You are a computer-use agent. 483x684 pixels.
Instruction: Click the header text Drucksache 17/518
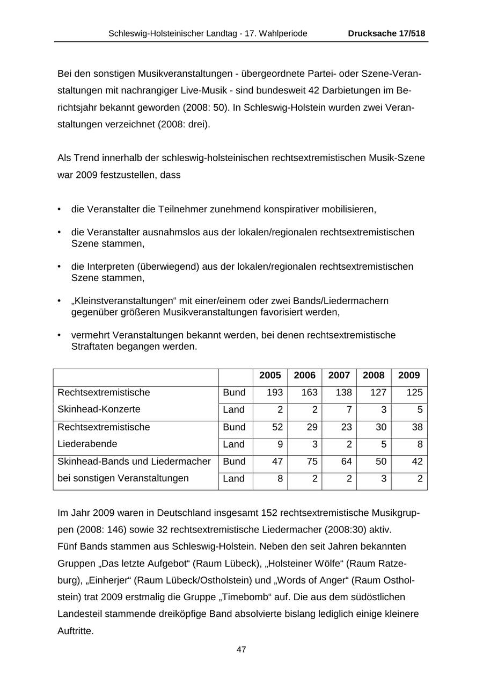click(386, 33)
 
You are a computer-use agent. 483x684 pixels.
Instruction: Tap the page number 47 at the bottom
click(241, 650)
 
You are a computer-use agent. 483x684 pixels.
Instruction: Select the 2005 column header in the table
click(270, 376)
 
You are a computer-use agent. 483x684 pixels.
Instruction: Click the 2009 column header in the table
click(409, 376)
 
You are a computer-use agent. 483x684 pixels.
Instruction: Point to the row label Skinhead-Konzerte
click(99, 409)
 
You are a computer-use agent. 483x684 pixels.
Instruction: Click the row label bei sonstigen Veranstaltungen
click(123, 478)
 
